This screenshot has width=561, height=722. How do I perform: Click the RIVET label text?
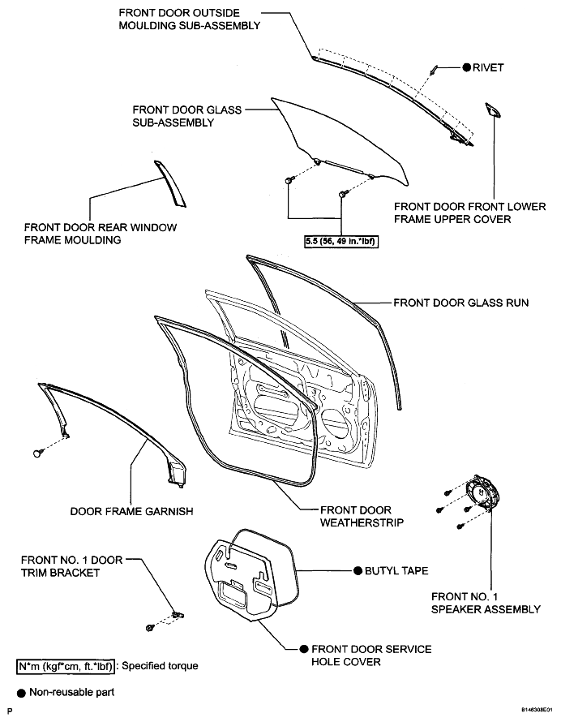488,67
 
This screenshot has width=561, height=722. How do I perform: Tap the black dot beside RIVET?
467,67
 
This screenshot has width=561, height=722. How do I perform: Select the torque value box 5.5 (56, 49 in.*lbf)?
341,241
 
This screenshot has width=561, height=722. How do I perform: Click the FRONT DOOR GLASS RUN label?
461,303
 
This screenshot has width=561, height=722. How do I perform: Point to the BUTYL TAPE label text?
396,570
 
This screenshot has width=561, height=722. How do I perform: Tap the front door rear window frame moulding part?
169,183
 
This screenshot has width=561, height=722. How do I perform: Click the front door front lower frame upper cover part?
493,110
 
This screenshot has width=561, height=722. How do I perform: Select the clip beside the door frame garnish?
39,453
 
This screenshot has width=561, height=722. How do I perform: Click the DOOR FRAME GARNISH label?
131,511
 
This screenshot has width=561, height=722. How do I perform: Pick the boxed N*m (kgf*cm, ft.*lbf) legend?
66,666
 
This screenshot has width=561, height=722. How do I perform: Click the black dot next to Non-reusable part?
22,693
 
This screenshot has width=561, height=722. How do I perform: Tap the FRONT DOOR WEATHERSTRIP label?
362,516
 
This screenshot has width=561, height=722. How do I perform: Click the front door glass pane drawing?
340,138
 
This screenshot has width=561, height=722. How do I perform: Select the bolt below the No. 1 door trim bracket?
149,628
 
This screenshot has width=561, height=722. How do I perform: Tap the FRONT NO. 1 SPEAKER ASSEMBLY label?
486,603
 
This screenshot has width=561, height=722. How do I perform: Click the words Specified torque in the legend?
160,666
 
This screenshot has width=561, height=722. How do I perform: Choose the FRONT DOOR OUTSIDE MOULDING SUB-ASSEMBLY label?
190,19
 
